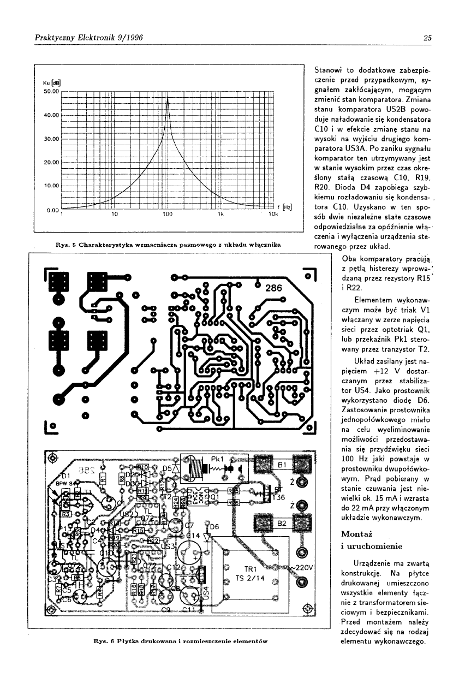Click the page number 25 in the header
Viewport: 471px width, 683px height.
(x=427, y=38)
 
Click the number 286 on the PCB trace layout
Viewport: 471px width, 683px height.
(x=275, y=288)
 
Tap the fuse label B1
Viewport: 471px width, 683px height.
(x=282, y=465)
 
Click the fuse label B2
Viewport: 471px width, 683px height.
(x=282, y=522)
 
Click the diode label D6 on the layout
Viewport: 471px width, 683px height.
(x=214, y=527)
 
